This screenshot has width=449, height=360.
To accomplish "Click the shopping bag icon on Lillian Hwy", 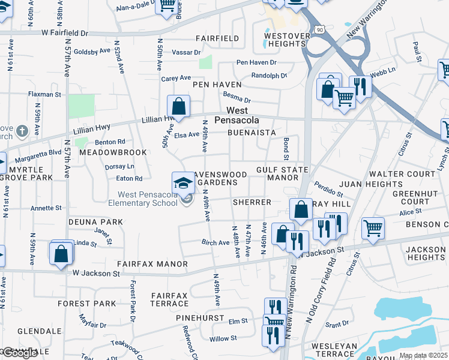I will [x=178, y=107].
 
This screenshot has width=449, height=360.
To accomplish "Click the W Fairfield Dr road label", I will [x=65, y=34].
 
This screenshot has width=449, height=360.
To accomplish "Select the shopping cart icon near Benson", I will [x=373, y=228].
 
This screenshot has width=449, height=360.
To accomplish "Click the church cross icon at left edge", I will [x=22, y=131].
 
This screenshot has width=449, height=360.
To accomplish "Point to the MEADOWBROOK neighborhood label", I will [x=110, y=153].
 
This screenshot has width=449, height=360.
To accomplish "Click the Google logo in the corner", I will [x=20, y=353].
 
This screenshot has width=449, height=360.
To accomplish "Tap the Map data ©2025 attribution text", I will [x=423, y=355].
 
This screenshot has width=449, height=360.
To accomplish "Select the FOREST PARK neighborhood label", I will [x=86, y=304].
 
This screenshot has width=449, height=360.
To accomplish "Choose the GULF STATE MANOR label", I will [x=282, y=174].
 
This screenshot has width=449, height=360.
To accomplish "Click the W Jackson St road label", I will [x=97, y=273].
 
